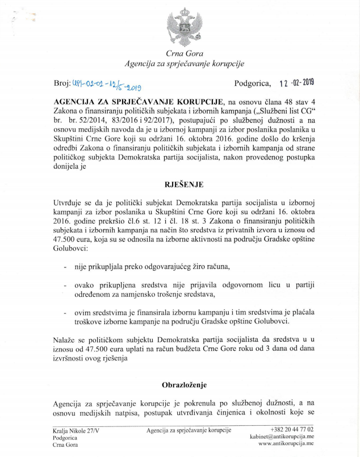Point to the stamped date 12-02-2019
[295, 84]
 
